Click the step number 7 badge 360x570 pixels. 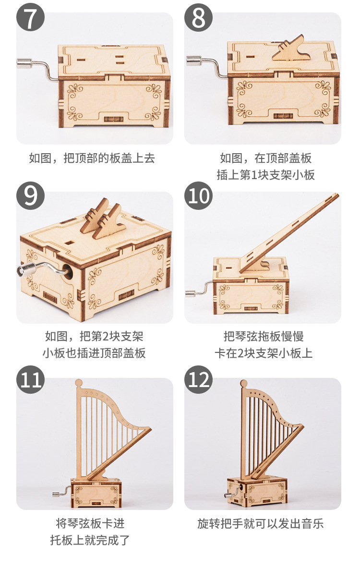click(x=31, y=17)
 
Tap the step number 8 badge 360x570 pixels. click(x=198, y=17)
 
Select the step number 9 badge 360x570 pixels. click(x=31, y=195)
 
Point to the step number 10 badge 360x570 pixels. click(x=198, y=195)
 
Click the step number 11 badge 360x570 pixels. click(x=31, y=379)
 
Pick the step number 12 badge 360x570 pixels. click(x=198, y=379)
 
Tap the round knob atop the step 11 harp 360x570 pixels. click(x=78, y=383)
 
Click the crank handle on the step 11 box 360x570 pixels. click(x=61, y=491)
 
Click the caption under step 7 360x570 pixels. click(x=92, y=158)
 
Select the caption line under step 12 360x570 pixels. click(x=260, y=523)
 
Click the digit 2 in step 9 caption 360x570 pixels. click(x=106, y=336)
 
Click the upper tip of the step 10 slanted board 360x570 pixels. click(x=338, y=194)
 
